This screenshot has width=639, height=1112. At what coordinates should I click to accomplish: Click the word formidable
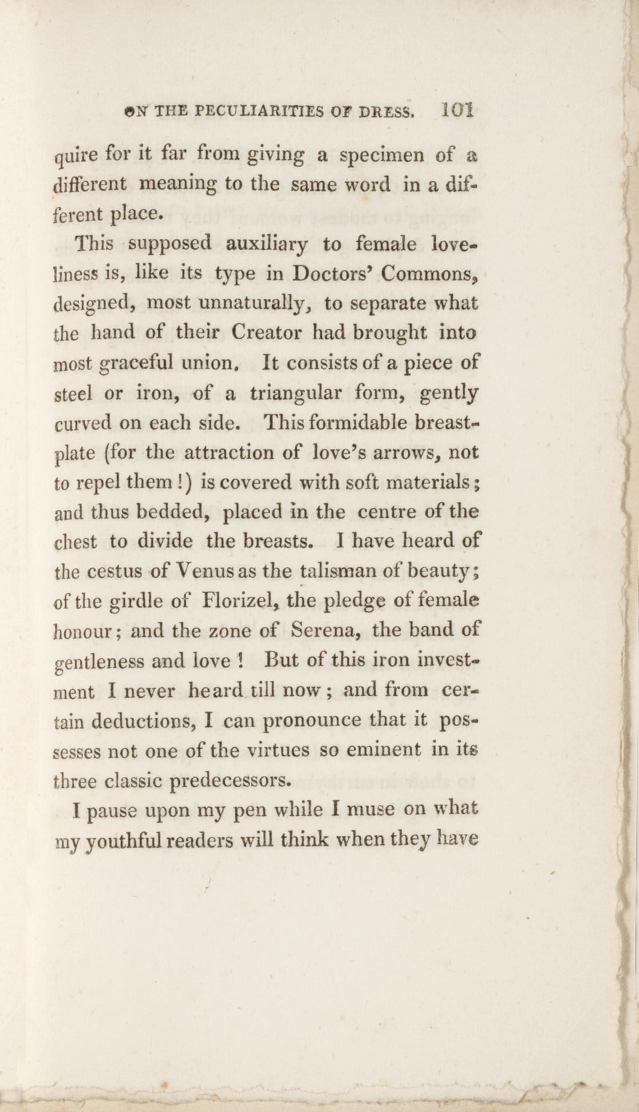point(349,423)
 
